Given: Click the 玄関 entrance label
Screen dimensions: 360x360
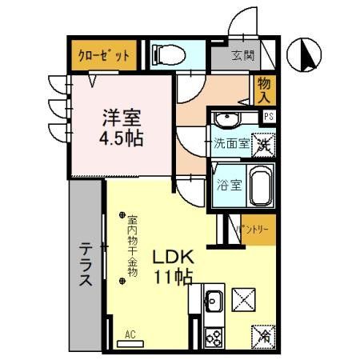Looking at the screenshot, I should [243, 56].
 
